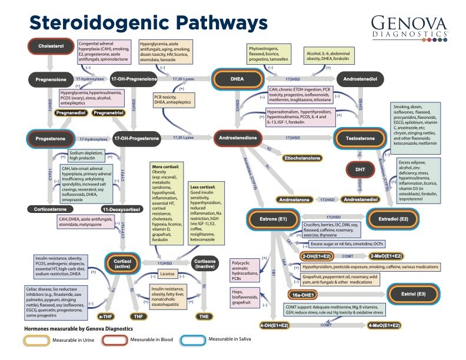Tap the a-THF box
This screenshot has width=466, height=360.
106,315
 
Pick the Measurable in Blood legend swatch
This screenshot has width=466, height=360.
190,339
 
